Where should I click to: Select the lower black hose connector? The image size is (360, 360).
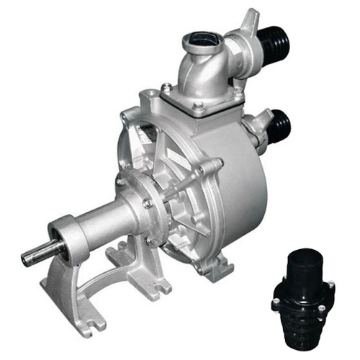[278, 127]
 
